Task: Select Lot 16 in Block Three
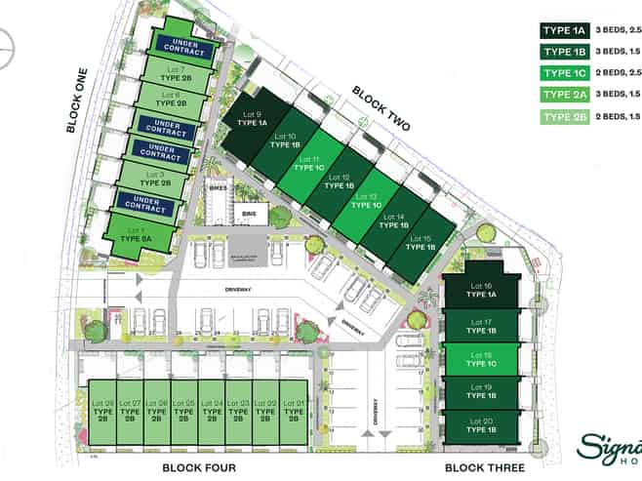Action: tap(482, 291)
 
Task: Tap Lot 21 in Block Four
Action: tap(294, 411)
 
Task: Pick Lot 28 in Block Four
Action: tap(102, 411)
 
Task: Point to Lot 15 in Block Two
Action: tap(421, 244)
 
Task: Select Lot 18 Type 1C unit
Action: tap(482, 359)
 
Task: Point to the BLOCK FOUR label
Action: tap(199, 468)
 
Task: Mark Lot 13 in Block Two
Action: tap(367, 200)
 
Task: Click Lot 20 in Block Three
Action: tap(482, 425)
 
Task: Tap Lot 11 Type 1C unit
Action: tap(310, 163)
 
